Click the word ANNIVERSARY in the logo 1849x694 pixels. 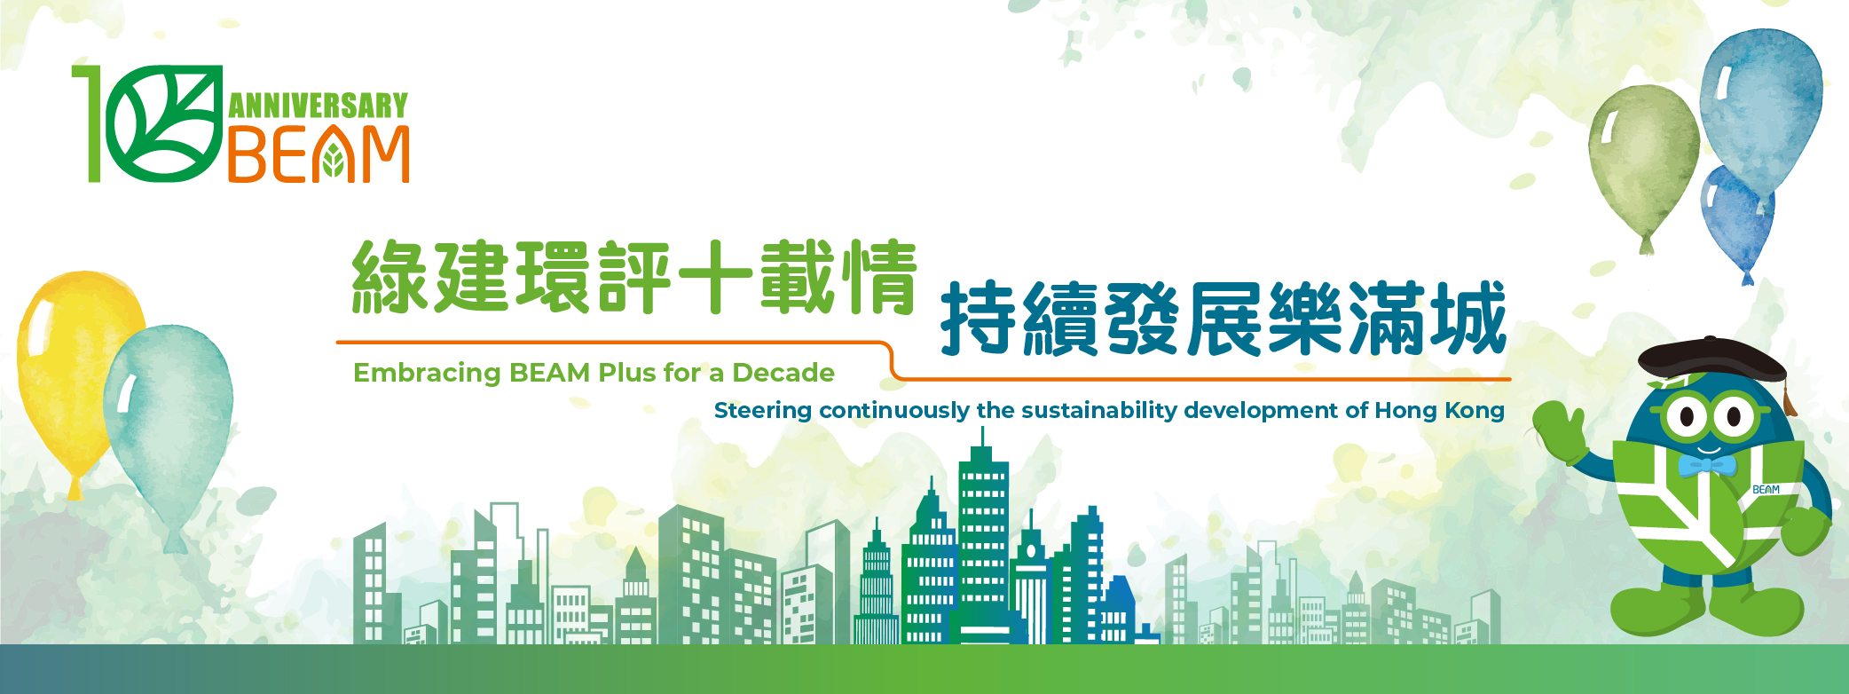point(319,106)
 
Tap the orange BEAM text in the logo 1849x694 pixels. point(319,154)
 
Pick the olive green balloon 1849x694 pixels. point(1643,160)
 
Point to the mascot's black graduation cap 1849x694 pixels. point(1712,360)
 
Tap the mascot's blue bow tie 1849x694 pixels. point(1706,466)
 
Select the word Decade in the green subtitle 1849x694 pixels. point(783,373)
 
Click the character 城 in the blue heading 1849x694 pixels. point(1467,318)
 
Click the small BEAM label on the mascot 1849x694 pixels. point(1766,490)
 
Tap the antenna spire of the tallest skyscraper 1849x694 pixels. point(982,436)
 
